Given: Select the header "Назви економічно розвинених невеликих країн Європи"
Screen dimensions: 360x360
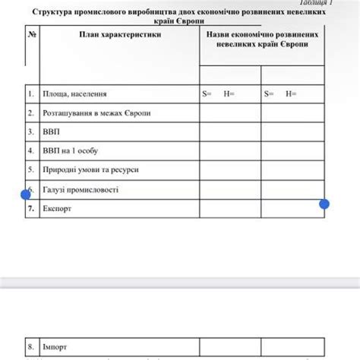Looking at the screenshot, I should click(x=261, y=40).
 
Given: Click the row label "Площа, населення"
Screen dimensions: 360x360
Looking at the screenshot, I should click(x=74, y=94).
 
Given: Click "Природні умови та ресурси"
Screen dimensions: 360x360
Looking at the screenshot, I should click(x=90, y=169).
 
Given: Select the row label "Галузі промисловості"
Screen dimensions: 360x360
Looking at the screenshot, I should click(x=81, y=188).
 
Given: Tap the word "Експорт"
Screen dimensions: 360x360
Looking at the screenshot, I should click(x=57, y=207).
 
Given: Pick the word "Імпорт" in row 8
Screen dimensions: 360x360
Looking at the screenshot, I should click(x=55, y=346).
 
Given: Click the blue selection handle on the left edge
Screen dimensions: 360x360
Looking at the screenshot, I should click(x=26, y=194).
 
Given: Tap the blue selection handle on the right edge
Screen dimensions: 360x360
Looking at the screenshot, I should click(x=324, y=204).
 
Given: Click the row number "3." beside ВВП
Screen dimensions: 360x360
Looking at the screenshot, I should click(x=31, y=131).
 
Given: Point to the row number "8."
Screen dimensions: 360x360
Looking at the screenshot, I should click(x=31, y=346).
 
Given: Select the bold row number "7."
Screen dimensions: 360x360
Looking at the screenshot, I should click(x=31, y=207).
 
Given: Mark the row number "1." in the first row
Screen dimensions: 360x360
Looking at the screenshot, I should click(x=31, y=94).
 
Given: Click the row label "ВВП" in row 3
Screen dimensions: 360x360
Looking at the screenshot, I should click(x=52, y=131).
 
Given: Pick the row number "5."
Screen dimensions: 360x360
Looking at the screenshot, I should click(x=31, y=169).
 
